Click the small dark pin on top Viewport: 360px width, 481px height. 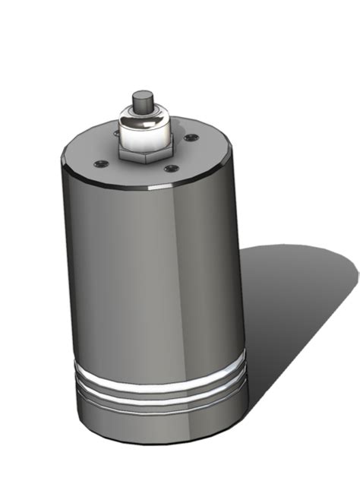(x=142, y=103)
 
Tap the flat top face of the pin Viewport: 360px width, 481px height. (x=142, y=96)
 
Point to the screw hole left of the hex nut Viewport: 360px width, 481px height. (x=98, y=162)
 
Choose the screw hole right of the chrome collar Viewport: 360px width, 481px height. (x=191, y=137)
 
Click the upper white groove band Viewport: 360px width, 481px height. (x=159, y=376)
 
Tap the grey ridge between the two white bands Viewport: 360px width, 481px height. (x=159, y=387)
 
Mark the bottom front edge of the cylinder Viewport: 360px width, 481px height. (x=159, y=443)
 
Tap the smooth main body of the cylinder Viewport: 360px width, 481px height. (x=152, y=281)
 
